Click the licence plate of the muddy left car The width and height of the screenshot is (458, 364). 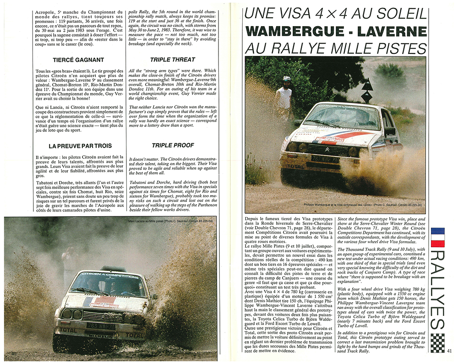click(100, 326)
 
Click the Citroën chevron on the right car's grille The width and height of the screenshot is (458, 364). click(340, 149)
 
